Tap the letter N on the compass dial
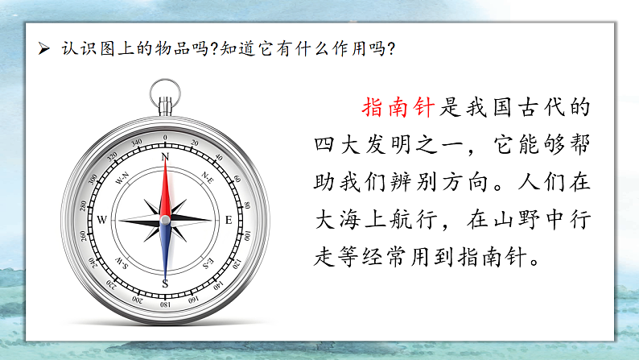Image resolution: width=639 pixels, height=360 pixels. (165, 157)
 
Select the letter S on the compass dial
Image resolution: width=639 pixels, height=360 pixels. (165, 283)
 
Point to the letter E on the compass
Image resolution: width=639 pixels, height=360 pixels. (228, 220)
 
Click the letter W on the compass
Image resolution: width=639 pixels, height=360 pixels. (101, 220)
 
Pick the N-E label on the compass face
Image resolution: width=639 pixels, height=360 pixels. (207, 176)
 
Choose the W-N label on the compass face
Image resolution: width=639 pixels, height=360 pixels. (123, 176)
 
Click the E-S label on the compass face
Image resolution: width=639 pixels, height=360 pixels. (207, 263)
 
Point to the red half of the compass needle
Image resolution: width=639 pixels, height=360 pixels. (165, 189)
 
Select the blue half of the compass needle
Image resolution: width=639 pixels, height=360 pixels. (165, 250)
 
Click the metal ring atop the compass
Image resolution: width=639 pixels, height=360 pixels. (164, 89)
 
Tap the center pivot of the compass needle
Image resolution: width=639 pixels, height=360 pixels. (165, 220)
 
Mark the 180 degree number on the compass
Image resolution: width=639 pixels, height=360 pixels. (165, 305)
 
